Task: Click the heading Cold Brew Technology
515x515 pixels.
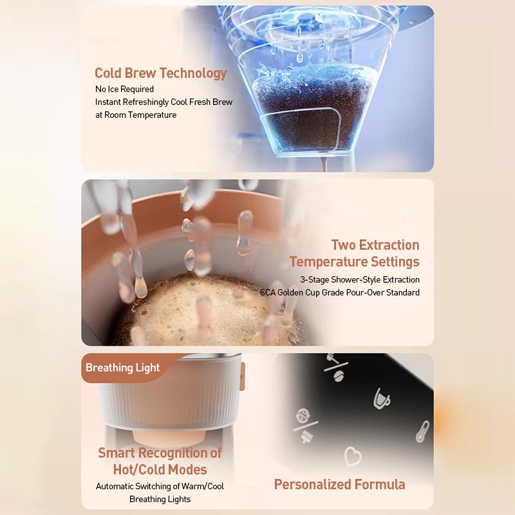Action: [x=160, y=73]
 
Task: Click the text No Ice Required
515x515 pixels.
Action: [x=124, y=89]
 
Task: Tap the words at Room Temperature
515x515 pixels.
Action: [x=135, y=115]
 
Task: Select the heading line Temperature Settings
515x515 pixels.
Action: [x=354, y=261]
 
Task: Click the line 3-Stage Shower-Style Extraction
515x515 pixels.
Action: [x=359, y=279]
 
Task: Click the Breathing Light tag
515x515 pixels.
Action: [x=122, y=368]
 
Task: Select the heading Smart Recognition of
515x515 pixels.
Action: [x=160, y=453]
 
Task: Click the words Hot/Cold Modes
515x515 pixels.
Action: [x=160, y=469]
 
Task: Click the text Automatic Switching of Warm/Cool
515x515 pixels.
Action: [x=160, y=486]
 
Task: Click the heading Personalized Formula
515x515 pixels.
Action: [x=339, y=484]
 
